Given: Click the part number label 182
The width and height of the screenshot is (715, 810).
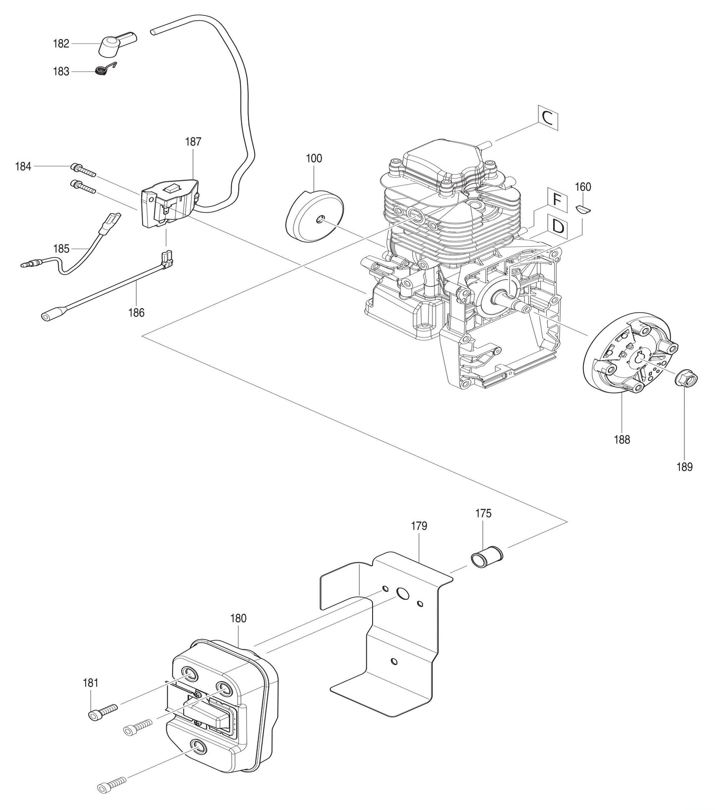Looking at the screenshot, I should tap(61, 44).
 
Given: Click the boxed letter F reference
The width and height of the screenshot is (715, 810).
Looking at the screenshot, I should tap(557, 200).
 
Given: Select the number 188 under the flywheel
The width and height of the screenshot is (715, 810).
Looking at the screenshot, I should tap(622, 439).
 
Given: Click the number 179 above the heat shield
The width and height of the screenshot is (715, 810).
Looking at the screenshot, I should tap(419, 525).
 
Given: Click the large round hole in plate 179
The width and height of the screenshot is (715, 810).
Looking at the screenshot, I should tap(402, 594).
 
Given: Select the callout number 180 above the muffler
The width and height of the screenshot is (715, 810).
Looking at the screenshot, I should tap(238, 618).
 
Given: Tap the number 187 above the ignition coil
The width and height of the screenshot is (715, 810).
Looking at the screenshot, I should tap(193, 142).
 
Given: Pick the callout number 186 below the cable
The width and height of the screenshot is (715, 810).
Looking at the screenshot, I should tap(136, 312).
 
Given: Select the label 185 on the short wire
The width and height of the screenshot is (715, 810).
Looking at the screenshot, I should tap(61, 248).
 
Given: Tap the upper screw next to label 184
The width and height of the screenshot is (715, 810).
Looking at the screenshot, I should tap(83, 170).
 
